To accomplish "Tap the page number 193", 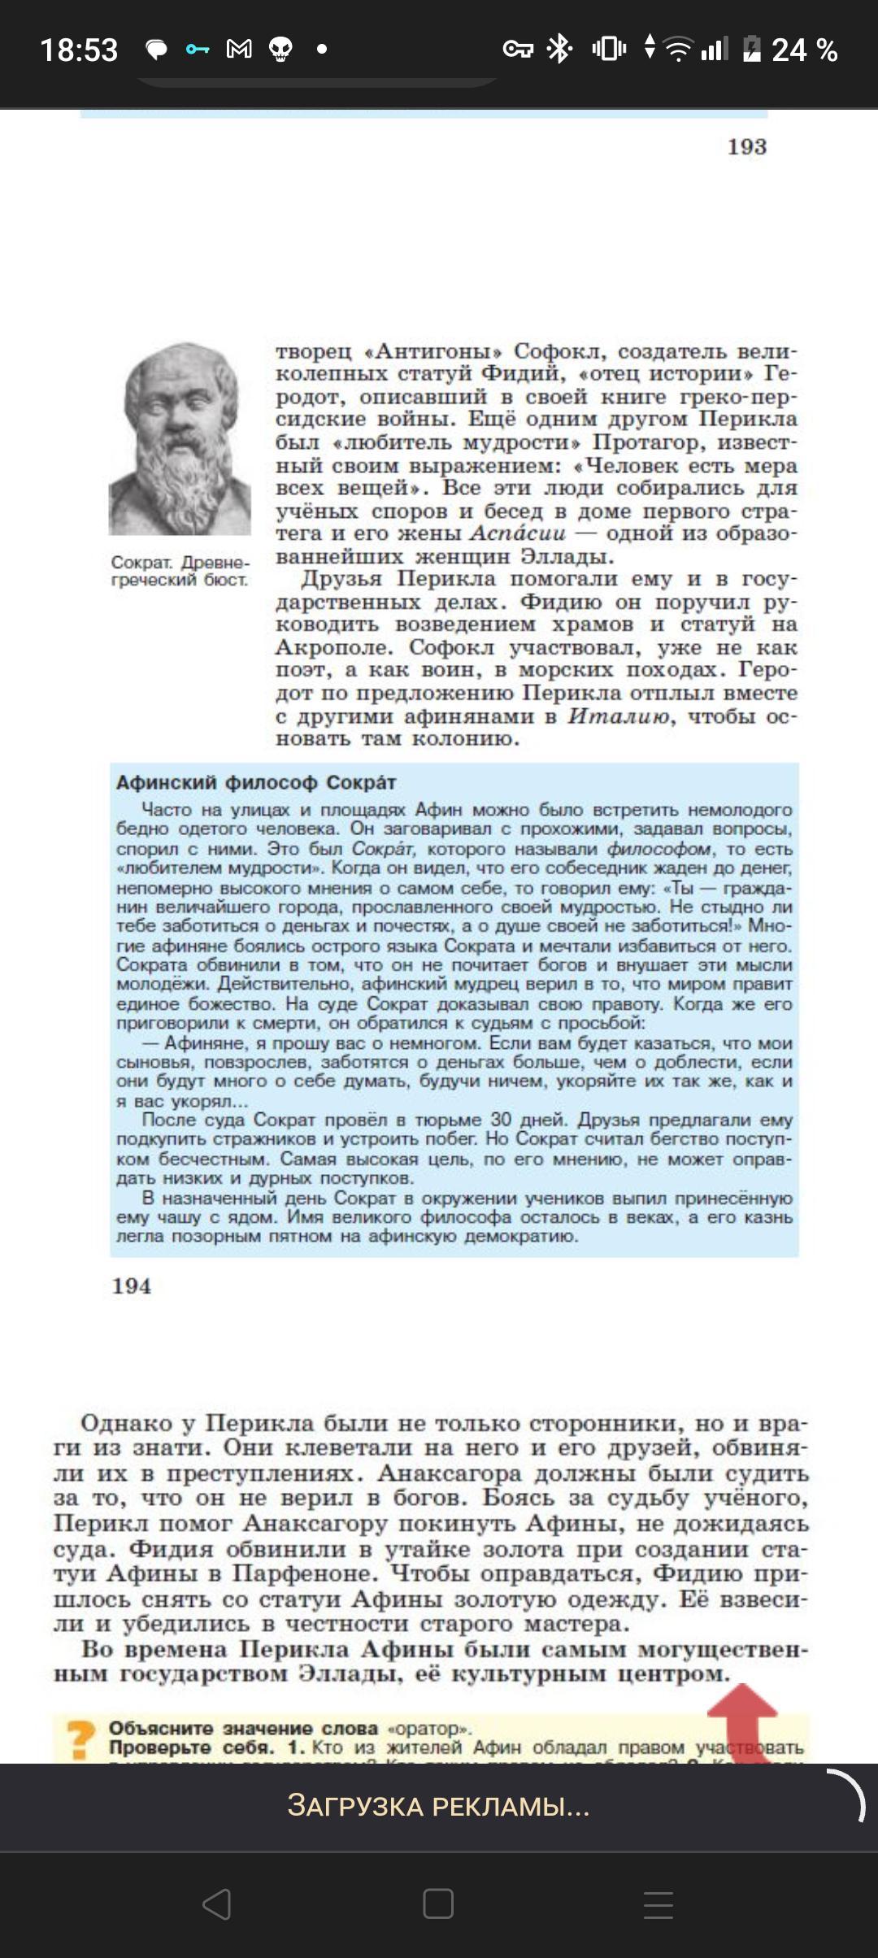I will tap(746, 147).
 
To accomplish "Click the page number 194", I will tap(132, 1286).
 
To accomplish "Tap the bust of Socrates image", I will tap(180, 439).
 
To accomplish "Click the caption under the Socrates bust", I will tap(180, 571).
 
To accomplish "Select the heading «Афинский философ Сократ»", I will tap(256, 782).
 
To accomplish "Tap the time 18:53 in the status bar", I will tap(79, 50).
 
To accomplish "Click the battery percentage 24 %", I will tap(804, 50).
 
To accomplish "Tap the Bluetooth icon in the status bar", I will tap(559, 49).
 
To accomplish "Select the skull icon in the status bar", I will tap(280, 50).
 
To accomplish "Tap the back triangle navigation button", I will tap(217, 1904).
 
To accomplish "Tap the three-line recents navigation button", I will tap(658, 1904).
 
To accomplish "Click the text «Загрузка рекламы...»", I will tap(438, 1805).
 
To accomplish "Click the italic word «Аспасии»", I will tap(518, 533).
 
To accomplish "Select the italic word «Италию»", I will tap(619, 716).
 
